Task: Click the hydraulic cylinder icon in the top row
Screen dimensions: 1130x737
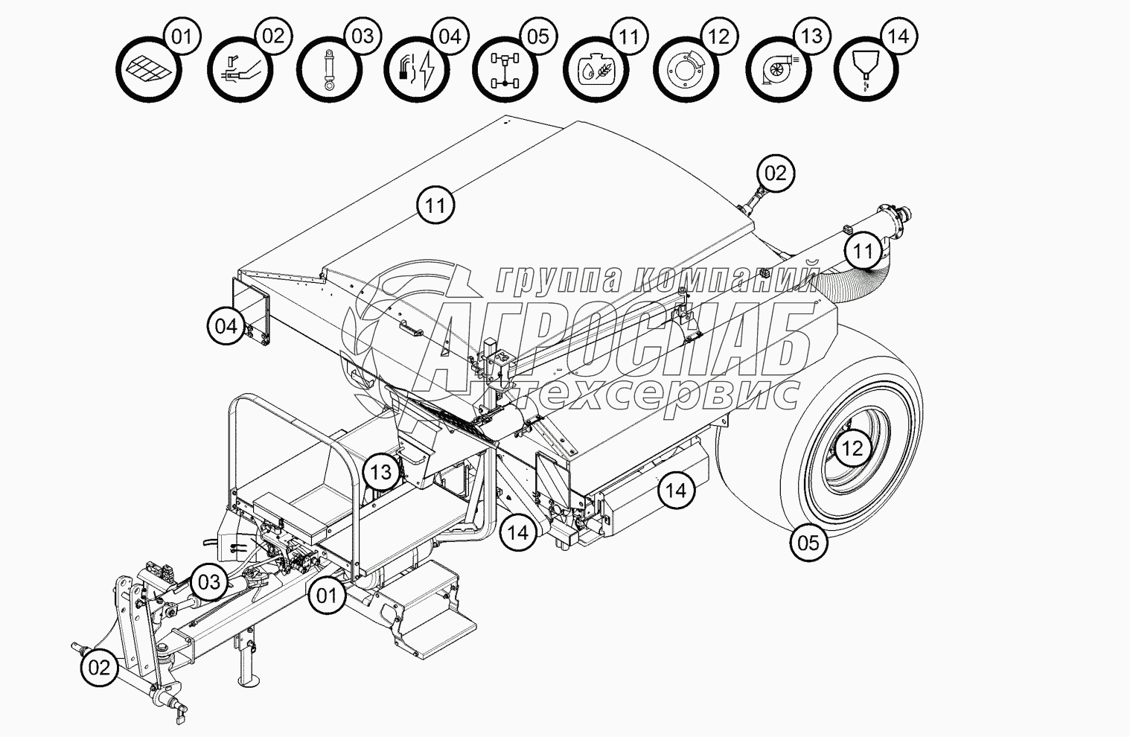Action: pos(329,70)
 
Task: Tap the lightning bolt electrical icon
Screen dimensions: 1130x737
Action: pos(417,70)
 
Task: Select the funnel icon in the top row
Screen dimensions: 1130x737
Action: pos(866,70)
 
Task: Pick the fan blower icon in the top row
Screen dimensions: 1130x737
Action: pos(779,70)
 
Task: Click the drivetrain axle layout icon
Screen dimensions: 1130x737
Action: pos(505,70)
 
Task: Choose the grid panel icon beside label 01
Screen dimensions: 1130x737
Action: pos(149,70)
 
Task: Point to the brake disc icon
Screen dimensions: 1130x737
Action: pos(686,70)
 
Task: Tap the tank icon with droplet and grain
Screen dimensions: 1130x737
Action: pos(596,70)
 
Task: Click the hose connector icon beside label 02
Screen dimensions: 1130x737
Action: pos(240,70)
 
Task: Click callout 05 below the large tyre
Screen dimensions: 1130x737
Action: pos(808,543)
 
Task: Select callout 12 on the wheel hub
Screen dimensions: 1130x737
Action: pos(852,448)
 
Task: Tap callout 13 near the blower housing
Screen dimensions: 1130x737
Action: pos(381,473)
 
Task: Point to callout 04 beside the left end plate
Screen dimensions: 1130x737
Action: pos(226,326)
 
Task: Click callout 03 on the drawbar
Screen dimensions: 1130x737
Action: pos(209,582)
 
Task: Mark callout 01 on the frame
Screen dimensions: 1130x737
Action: pos(326,596)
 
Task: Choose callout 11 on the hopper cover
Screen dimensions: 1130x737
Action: pos(435,205)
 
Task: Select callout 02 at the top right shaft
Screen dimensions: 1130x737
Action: pos(776,173)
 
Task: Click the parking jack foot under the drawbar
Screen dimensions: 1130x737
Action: pos(249,682)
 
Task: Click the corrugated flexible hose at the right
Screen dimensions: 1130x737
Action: pos(852,280)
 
